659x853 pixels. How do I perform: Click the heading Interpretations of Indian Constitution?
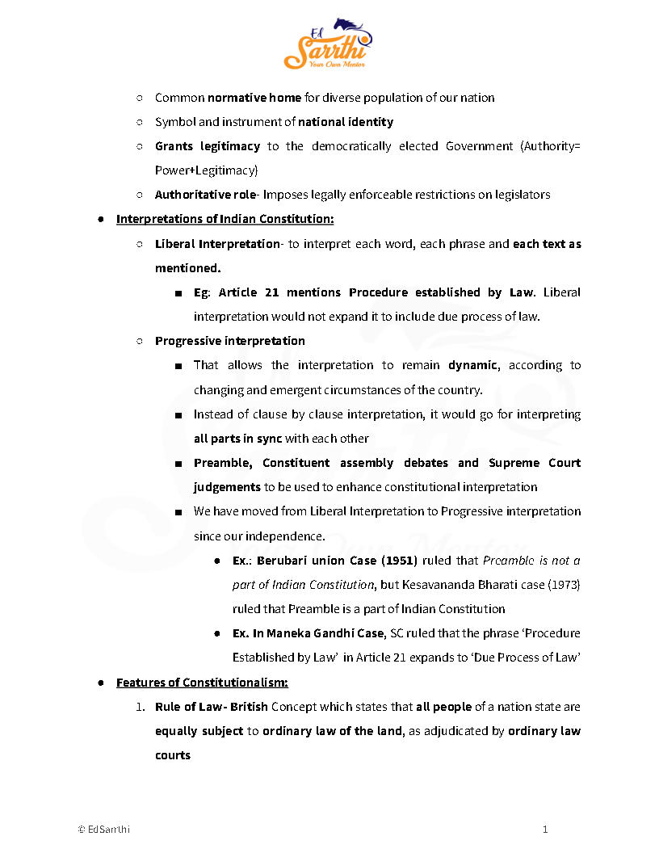pos(225,219)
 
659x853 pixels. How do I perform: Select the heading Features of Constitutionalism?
pos(202,683)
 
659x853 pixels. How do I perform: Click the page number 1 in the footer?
pos(545,829)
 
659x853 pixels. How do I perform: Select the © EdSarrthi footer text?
pos(103,829)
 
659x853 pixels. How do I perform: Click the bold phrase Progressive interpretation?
pos(230,341)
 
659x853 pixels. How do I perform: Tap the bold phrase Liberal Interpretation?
pos(216,243)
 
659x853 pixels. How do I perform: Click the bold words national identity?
pos(346,122)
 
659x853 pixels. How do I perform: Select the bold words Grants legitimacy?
pos(208,146)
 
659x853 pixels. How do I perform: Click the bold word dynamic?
pos(472,365)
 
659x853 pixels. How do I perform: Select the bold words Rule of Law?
pos(189,707)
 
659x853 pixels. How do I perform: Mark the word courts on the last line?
pos(173,755)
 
